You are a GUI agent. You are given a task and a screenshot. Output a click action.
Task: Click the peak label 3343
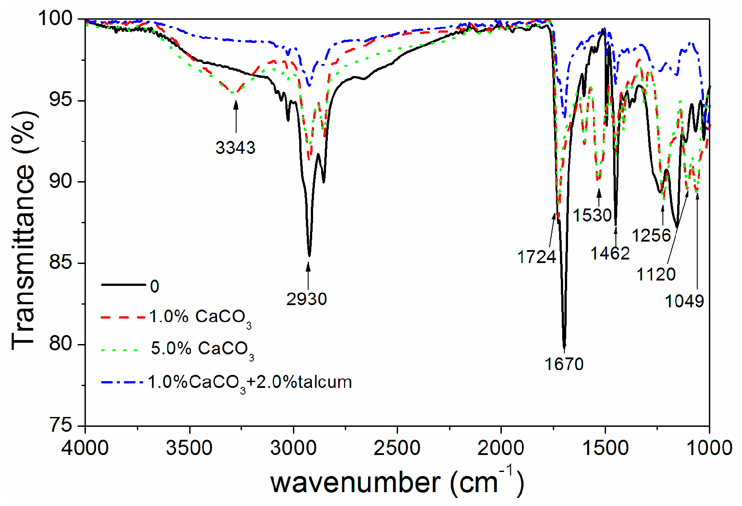pyautogui.click(x=235, y=147)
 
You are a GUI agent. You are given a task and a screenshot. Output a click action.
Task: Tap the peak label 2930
pyautogui.click(x=307, y=299)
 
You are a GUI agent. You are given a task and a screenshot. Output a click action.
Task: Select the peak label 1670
pyautogui.click(x=564, y=364)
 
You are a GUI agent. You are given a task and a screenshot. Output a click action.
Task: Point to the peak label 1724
pyautogui.click(x=537, y=257)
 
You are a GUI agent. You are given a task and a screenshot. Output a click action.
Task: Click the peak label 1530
pyautogui.click(x=592, y=215)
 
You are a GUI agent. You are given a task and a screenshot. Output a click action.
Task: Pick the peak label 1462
pyautogui.click(x=610, y=254)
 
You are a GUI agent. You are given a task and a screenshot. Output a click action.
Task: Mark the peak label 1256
pyautogui.click(x=651, y=235)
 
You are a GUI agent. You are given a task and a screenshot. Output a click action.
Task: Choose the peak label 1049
pyautogui.click(x=684, y=301)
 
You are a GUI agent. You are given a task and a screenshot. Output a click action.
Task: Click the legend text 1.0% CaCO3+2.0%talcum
pyautogui.click(x=250, y=383)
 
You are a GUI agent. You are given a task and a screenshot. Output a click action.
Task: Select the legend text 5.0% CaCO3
pyautogui.click(x=202, y=349)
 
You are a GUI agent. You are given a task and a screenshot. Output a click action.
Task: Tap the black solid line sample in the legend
pyautogui.click(x=123, y=285)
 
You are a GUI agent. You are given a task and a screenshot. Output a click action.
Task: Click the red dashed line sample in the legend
pyautogui.click(x=123, y=317)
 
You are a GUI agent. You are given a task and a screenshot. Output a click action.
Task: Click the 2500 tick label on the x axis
pyautogui.click(x=397, y=448)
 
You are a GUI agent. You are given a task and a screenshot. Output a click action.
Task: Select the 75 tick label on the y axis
pyautogui.click(x=60, y=425)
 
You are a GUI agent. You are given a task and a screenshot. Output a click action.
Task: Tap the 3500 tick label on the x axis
pyautogui.click(x=189, y=448)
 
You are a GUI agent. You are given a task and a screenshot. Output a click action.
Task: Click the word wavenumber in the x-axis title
pyautogui.click(x=356, y=483)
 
